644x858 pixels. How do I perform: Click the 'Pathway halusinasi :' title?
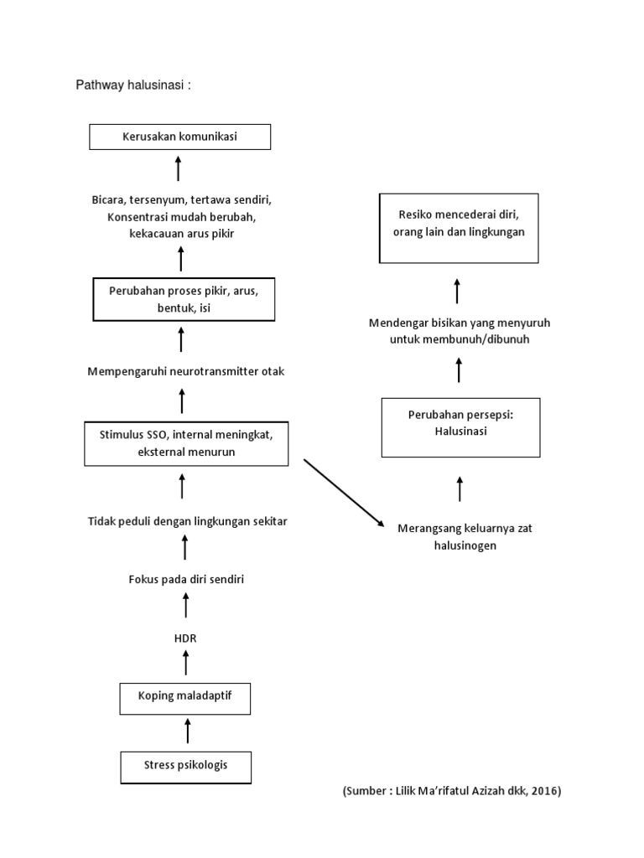(x=134, y=85)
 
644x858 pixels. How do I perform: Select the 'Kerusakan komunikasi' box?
(x=179, y=137)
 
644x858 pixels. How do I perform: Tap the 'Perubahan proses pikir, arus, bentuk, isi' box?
(x=183, y=299)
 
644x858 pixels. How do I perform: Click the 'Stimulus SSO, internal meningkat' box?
(x=186, y=444)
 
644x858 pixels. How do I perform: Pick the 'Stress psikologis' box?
(x=185, y=766)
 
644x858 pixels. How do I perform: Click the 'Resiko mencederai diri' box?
(x=459, y=227)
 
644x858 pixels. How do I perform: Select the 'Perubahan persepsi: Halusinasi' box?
(x=460, y=427)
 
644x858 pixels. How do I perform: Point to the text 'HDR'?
(x=184, y=638)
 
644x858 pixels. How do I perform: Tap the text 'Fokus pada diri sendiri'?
(x=185, y=579)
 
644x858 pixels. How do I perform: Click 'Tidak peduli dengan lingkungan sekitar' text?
(x=188, y=521)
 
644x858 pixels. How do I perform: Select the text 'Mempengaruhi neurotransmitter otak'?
(x=186, y=371)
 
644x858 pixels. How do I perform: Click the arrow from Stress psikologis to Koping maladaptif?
(x=187, y=730)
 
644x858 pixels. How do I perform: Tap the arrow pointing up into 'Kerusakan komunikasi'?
(x=179, y=168)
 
